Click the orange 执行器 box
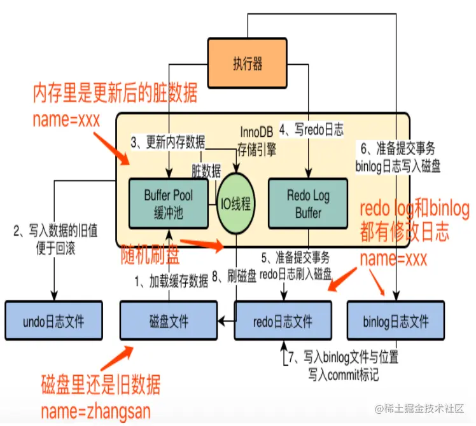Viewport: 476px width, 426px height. [248, 62]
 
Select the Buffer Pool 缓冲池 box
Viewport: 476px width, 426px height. [168, 203]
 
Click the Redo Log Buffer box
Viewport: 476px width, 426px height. [308, 203]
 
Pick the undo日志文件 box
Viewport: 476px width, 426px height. [53, 321]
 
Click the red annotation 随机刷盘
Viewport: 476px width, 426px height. [150, 254]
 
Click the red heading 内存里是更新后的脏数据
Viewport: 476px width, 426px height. [115, 95]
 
